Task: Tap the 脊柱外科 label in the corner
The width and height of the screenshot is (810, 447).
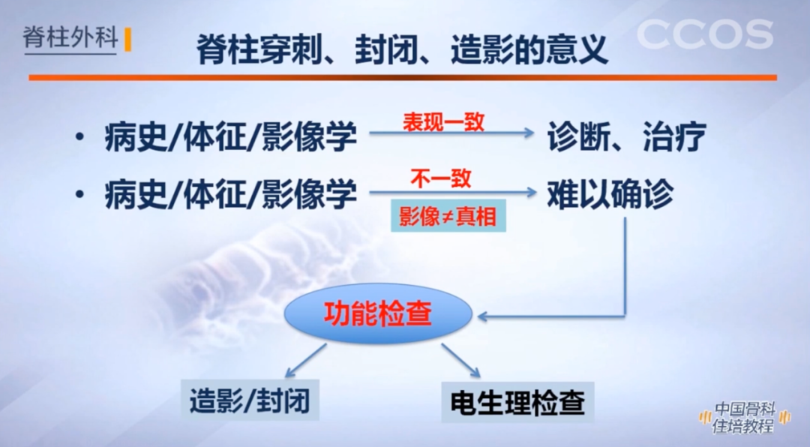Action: [x=70, y=38]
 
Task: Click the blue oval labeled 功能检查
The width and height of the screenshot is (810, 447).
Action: [x=378, y=313]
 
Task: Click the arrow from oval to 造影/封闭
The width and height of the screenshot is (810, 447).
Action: [x=305, y=360]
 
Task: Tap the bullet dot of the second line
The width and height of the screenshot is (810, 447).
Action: [x=79, y=196]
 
